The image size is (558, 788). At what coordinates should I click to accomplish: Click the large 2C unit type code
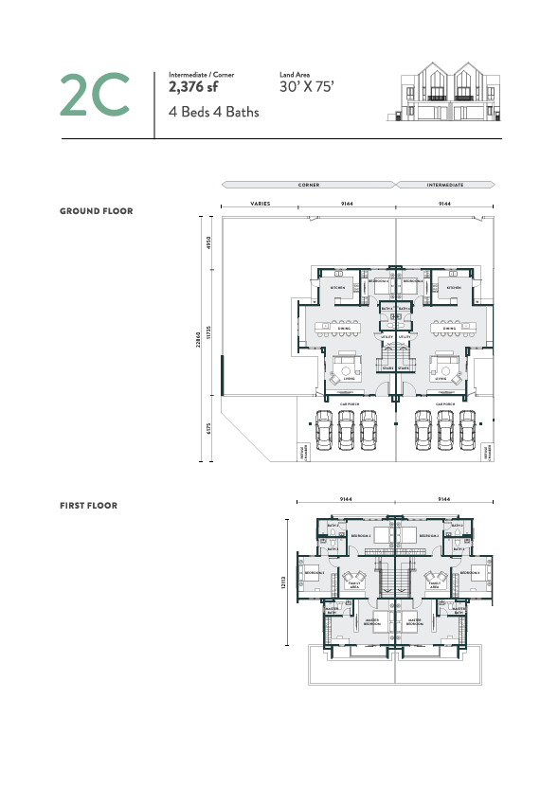[94, 94]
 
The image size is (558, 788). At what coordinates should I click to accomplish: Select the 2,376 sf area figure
[193, 87]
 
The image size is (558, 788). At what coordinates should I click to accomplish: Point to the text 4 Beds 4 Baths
[213, 112]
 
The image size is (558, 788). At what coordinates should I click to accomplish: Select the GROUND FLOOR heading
[96, 211]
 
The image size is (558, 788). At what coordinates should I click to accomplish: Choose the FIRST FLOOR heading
[88, 506]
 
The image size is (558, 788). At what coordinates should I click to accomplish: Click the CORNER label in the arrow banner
[307, 185]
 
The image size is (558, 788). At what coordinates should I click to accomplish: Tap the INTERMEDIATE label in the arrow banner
[444, 185]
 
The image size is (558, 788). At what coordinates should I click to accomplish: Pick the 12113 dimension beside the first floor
[282, 585]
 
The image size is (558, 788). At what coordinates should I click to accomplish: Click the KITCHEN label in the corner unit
[337, 287]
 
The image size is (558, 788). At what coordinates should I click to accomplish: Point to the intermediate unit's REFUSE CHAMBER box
[489, 453]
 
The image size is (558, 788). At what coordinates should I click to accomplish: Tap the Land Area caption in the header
[296, 74]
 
